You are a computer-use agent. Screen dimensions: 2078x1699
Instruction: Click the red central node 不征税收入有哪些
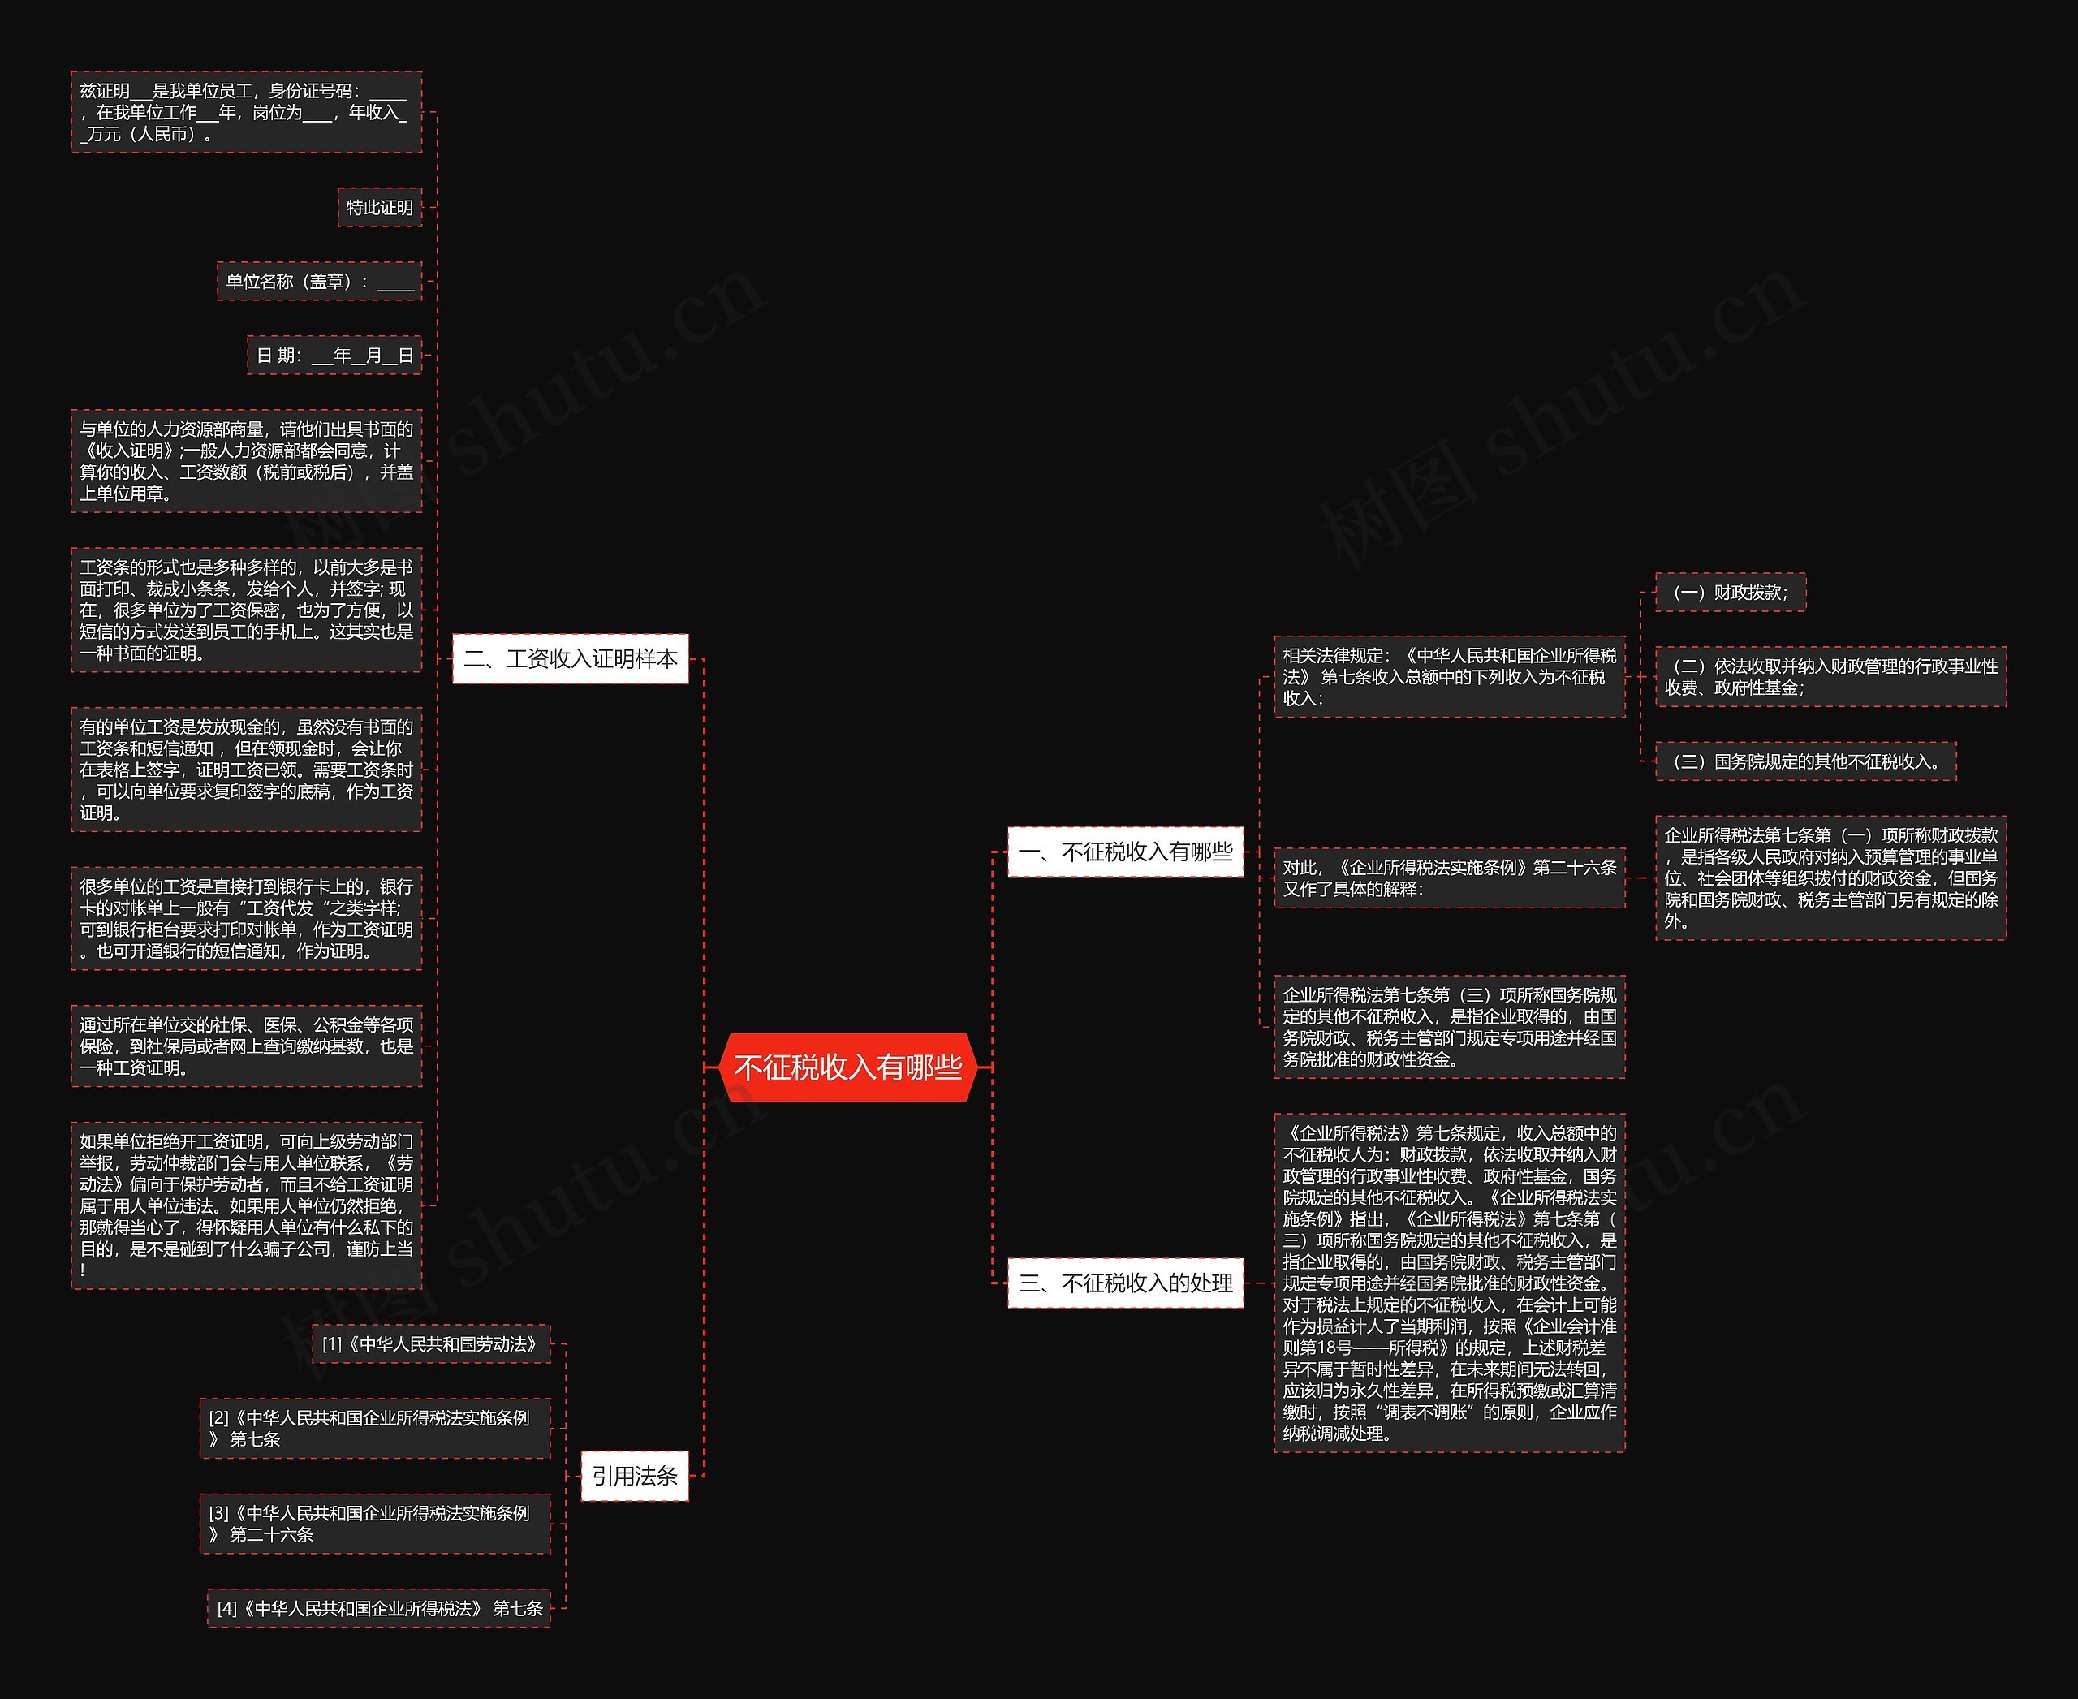click(x=847, y=1067)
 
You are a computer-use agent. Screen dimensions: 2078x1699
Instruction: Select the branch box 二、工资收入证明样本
click(x=571, y=658)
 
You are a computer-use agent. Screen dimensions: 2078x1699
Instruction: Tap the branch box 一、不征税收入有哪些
click(x=1126, y=852)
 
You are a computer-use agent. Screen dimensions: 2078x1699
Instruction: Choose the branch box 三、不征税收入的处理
click(x=1126, y=1283)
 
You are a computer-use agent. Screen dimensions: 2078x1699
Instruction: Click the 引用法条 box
click(x=634, y=1476)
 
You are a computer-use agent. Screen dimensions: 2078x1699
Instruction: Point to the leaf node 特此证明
click(x=380, y=208)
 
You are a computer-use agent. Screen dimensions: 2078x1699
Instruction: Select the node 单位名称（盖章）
click(x=319, y=282)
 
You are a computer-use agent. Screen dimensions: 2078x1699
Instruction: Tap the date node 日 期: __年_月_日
click(x=334, y=356)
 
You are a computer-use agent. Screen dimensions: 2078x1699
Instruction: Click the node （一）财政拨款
click(x=1730, y=592)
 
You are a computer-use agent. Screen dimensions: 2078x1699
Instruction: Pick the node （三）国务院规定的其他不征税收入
click(x=1805, y=761)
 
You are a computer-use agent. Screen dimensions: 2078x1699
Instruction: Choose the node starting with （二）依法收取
click(x=1830, y=677)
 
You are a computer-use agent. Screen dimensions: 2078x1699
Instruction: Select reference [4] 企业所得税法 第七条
click(x=379, y=1608)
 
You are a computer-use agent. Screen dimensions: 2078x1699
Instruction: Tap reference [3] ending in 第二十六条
click(x=375, y=1524)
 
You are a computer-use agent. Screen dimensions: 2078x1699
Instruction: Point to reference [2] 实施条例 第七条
click(x=375, y=1429)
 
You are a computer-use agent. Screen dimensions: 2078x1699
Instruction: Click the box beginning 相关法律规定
click(x=1449, y=676)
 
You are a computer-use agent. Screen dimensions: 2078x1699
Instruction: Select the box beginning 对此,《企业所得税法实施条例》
click(x=1449, y=878)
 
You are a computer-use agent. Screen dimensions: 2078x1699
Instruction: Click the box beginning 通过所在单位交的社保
click(x=247, y=1046)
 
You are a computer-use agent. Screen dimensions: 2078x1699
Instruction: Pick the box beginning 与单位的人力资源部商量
click(x=247, y=461)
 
